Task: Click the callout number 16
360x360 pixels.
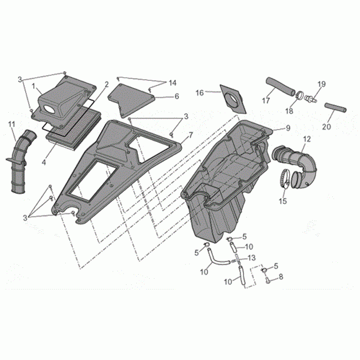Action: (x=200, y=93)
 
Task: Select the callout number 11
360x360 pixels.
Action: (x=11, y=124)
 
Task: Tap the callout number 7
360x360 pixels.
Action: (x=191, y=135)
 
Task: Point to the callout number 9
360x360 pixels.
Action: (x=288, y=128)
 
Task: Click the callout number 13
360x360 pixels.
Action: (x=251, y=258)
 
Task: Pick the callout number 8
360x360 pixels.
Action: (x=281, y=277)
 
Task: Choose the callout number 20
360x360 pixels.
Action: (x=327, y=127)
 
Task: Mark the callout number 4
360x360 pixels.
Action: (x=44, y=163)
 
